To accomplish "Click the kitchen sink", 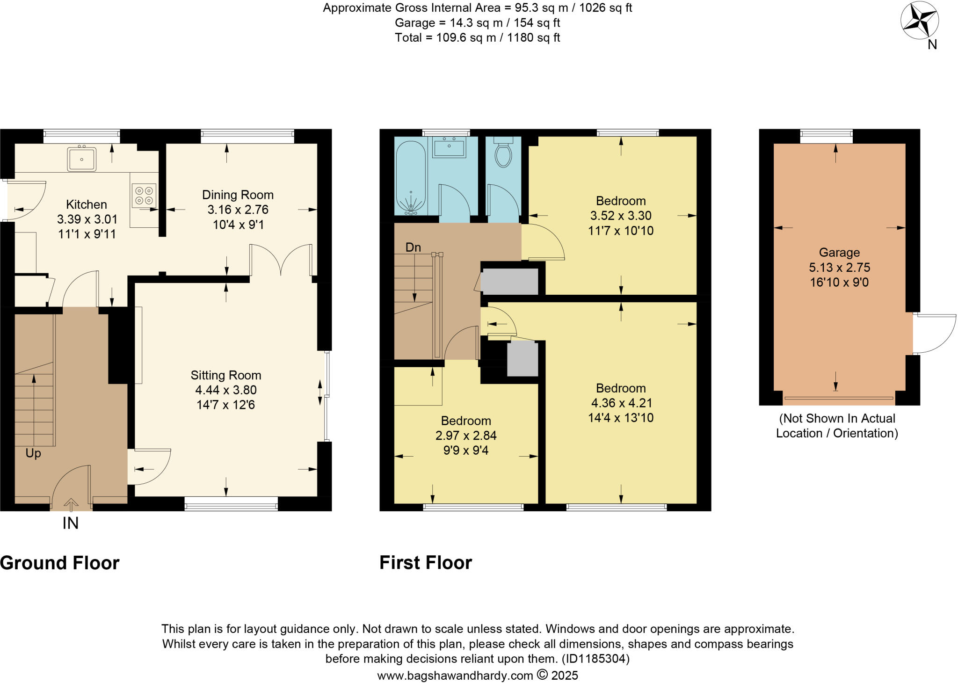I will [x=82, y=159].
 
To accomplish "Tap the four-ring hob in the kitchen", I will [x=144, y=196].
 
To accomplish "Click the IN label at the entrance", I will [x=71, y=523].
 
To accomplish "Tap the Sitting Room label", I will [x=226, y=375].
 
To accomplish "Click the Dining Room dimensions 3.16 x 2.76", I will [x=238, y=210].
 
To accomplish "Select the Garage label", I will [x=839, y=253].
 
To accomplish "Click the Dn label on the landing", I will [x=413, y=247].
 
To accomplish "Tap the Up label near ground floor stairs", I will [x=33, y=453].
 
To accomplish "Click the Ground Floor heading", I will [x=60, y=563].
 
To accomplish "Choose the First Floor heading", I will [x=426, y=563].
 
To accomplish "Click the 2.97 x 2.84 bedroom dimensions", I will [x=466, y=436].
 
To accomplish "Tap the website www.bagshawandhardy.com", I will [x=455, y=676].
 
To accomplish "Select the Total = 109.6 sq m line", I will [x=477, y=38].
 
